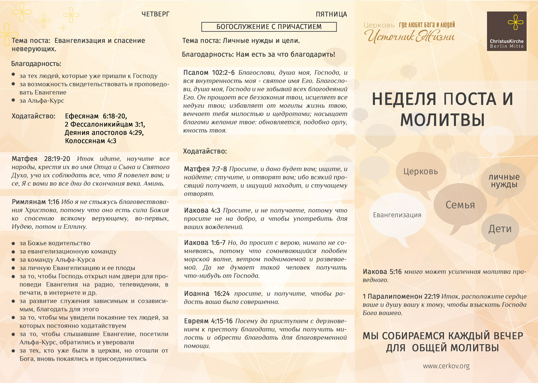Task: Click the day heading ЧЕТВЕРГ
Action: (x=155, y=14)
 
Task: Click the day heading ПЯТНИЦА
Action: (x=331, y=14)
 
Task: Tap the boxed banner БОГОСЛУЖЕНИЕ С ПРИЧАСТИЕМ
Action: (x=269, y=27)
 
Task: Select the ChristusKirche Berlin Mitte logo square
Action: (x=506, y=31)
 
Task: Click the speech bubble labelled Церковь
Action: (x=421, y=171)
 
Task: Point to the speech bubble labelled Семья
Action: (x=460, y=205)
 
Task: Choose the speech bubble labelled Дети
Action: (x=500, y=229)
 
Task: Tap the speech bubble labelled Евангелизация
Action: (x=397, y=215)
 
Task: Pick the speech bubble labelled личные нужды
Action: (x=504, y=181)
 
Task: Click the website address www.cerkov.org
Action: (x=446, y=366)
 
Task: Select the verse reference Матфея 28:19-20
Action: (x=41, y=159)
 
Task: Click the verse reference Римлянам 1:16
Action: (x=35, y=202)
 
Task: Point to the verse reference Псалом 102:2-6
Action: (x=209, y=73)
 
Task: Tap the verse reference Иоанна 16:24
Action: (x=207, y=294)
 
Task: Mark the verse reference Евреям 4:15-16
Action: (x=208, y=321)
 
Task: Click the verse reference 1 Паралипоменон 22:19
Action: (x=401, y=296)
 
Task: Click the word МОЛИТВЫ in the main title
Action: (x=442, y=120)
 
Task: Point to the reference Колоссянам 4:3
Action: (x=91, y=141)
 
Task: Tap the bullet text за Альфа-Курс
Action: (x=42, y=101)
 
